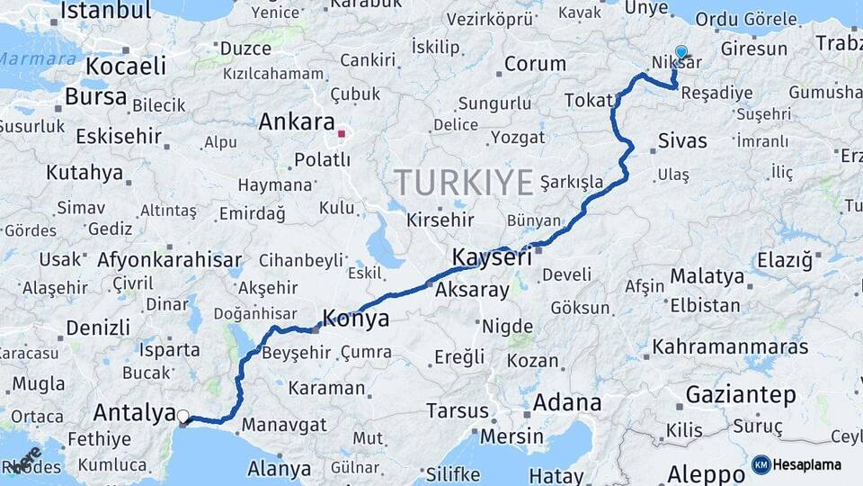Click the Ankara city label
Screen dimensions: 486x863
pos(297,123)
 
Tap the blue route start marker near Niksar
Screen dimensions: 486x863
pos(681,53)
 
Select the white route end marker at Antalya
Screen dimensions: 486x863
pos(183,417)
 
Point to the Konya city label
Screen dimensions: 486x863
pos(357,319)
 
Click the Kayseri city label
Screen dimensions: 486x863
pos(492,256)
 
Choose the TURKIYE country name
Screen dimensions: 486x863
pos(464,183)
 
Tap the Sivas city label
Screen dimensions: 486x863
pos(682,140)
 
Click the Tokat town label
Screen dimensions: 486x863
pos(588,100)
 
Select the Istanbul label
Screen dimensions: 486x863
pos(106,11)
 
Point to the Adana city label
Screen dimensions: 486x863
pos(567,402)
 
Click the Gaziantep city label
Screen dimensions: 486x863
pos(741,394)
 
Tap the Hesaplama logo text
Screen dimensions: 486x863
pos(809,465)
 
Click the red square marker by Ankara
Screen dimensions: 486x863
pos(342,135)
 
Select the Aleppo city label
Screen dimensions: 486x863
pos(707,473)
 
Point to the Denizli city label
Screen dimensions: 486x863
pos(98,327)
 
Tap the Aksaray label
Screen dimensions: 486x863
pos(472,291)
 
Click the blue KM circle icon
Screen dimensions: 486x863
pos(761,465)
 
